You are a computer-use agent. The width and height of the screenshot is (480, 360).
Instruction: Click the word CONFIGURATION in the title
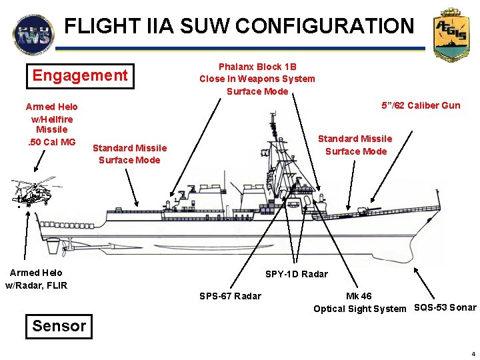click(x=324, y=26)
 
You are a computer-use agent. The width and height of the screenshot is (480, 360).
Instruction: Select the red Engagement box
click(x=80, y=75)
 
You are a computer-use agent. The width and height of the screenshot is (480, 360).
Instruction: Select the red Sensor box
click(x=59, y=326)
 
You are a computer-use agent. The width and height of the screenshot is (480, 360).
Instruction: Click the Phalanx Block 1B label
click(x=257, y=67)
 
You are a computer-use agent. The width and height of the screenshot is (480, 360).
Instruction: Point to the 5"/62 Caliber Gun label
click(x=420, y=105)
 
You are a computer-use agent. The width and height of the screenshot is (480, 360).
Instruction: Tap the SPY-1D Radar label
click(x=297, y=274)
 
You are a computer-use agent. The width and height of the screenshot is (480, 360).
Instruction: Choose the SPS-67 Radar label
click(x=231, y=296)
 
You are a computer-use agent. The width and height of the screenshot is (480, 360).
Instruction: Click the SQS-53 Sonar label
click(x=445, y=307)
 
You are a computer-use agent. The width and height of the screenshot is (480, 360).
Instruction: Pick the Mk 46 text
click(x=359, y=296)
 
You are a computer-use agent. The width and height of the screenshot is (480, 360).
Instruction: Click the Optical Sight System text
click(x=359, y=309)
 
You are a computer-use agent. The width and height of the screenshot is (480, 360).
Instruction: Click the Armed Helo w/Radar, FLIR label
click(x=36, y=279)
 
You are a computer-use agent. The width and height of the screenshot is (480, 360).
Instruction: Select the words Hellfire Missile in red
click(x=52, y=123)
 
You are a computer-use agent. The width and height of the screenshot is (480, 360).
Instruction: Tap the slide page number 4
click(x=471, y=353)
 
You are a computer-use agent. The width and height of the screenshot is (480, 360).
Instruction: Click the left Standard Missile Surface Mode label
click(x=129, y=153)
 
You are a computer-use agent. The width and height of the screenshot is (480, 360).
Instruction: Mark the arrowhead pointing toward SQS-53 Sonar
click(x=417, y=270)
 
